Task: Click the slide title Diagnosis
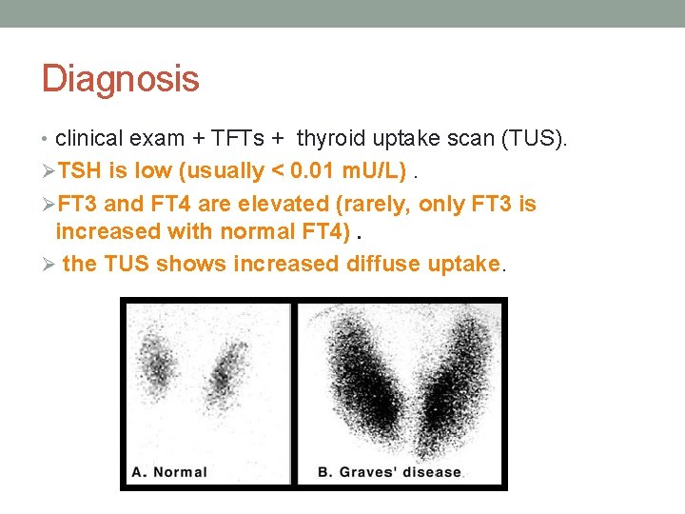[120, 78]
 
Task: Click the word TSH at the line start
[81, 171]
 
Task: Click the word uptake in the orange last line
[466, 263]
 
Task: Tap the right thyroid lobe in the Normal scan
[226, 366]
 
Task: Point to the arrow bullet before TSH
[48, 171]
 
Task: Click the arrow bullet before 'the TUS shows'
[48, 263]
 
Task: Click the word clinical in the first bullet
[89, 139]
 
